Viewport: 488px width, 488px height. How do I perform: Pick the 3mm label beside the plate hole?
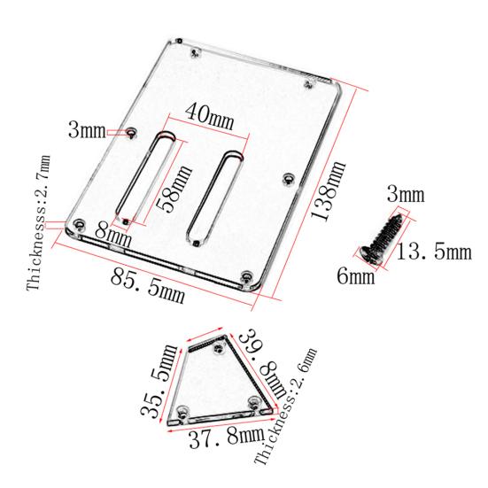coord(88,133)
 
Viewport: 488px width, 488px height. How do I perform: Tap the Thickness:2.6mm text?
coord(285,408)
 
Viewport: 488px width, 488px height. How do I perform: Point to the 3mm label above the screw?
coord(406,194)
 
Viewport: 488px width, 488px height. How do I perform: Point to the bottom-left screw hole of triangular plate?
coord(182,409)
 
